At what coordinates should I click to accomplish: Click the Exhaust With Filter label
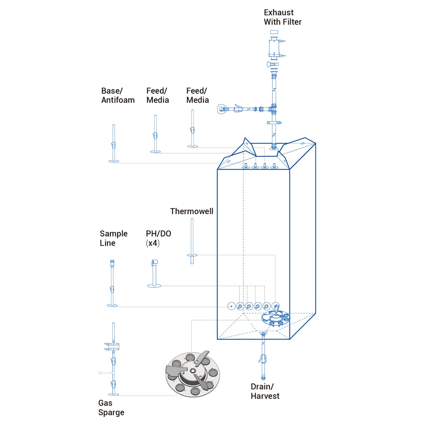pos(282,17)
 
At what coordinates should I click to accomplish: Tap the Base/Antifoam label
pos(118,96)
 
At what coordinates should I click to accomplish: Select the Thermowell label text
pos(192,211)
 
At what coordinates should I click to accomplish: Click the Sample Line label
pos(114,238)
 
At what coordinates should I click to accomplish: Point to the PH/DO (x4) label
pos(158,238)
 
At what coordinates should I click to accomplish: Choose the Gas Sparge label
pos(111,407)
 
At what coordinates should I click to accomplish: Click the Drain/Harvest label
pos(265,391)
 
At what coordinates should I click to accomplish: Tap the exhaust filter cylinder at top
pos(274,48)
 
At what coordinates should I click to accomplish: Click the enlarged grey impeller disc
pos(193,374)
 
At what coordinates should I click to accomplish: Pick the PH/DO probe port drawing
pos(154,273)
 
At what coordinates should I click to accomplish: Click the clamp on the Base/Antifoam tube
pos(113,145)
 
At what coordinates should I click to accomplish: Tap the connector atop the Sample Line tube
pos(112,263)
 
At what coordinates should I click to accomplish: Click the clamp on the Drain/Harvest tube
pos(263,359)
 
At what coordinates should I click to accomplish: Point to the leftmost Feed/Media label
pos(157,96)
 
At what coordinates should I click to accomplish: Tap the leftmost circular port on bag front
pos(231,306)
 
